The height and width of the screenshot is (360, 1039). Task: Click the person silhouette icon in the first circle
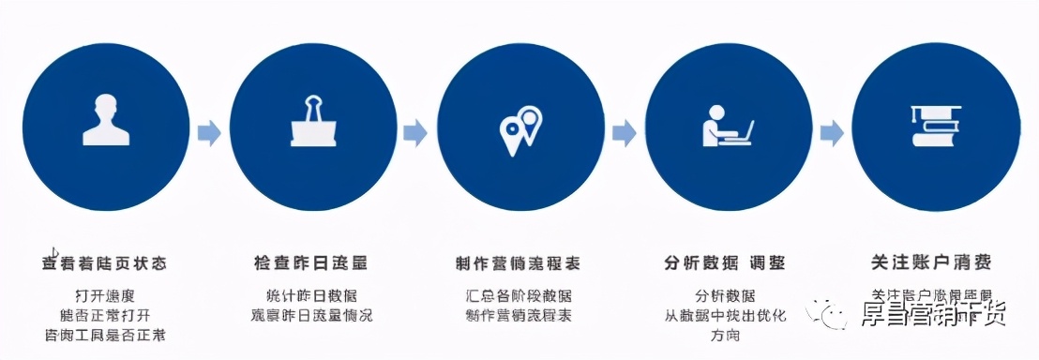[105, 119]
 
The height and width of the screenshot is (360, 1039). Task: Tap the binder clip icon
[312, 122]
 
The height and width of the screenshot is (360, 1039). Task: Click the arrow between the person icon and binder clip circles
[209, 133]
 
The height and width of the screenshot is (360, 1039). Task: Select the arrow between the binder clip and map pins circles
[415, 133]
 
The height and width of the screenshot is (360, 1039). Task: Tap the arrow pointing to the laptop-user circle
[624, 133]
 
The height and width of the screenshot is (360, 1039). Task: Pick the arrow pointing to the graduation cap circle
[831, 133]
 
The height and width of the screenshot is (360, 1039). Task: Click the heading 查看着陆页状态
[105, 262]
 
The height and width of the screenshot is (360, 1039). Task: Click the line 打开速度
[105, 294]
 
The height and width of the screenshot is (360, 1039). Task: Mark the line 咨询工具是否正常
[105, 335]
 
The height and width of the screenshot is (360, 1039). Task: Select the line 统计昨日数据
[313, 294]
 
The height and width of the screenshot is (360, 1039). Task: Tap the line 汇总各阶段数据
[519, 294]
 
